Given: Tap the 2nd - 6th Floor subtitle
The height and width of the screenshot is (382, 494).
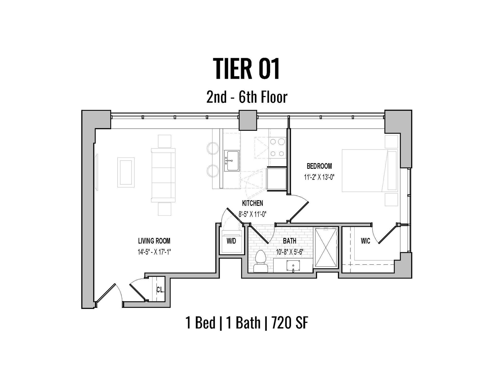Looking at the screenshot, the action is [x=247, y=97].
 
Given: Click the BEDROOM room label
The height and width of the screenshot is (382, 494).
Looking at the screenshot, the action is [x=319, y=166].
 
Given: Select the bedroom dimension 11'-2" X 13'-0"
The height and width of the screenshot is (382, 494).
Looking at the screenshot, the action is [x=319, y=177].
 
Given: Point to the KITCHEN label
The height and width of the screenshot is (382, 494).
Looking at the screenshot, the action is [x=252, y=203].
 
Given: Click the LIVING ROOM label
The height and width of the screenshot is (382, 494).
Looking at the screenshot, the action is [x=154, y=241].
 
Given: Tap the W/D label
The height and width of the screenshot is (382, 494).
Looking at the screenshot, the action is [x=231, y=241].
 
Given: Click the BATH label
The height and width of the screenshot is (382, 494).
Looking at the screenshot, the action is [x=289, y=241].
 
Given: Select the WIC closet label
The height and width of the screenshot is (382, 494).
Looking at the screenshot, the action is [x=365, y=241].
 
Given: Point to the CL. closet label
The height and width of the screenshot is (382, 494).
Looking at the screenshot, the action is [x=160, y=290].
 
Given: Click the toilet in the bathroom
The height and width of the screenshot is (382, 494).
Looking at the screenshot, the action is [x=261, y=261].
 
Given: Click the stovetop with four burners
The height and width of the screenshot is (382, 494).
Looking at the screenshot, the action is [x=278, y=147].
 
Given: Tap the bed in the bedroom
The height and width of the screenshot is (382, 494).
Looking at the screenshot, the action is [x=370, y=171].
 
